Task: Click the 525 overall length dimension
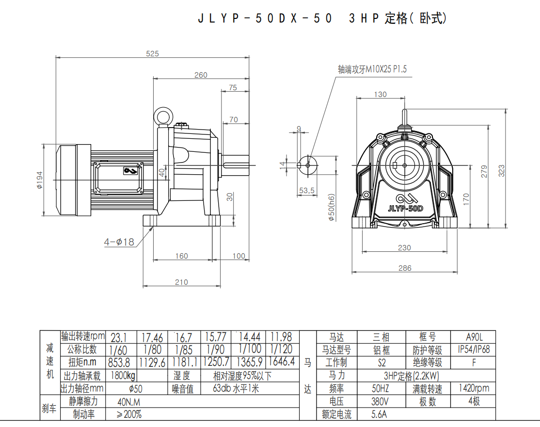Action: [152, 53]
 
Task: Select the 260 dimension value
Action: [201, 75]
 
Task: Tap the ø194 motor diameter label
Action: [40, 180]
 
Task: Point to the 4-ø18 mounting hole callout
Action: [119, 242]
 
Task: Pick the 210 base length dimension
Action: [181, 282]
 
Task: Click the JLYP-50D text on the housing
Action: [405, 209]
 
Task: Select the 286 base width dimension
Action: [405, 268]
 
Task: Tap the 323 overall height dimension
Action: [501, 171]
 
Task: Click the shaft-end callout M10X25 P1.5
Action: [372, 69]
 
